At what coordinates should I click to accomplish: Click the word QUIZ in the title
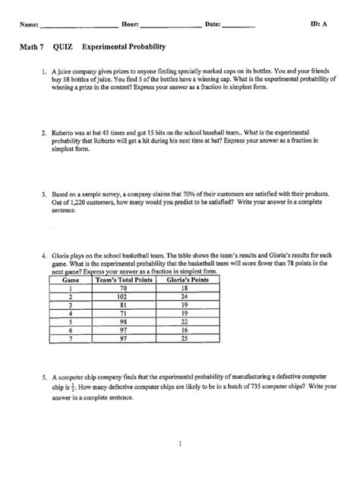coord(65,47)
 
